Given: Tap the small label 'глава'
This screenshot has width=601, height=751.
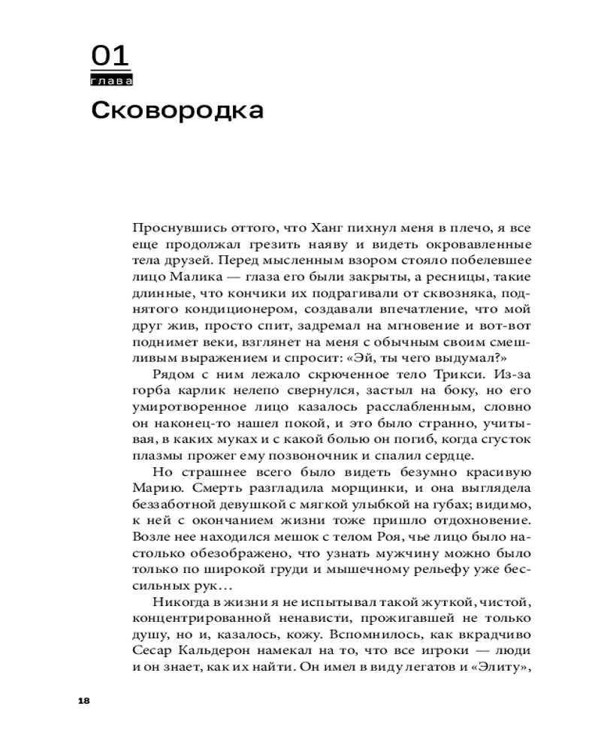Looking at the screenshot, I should click(110, 80).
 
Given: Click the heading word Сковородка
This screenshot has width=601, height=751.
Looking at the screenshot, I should click(177, 110).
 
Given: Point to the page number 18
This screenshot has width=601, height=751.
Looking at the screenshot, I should click(83, 700).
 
